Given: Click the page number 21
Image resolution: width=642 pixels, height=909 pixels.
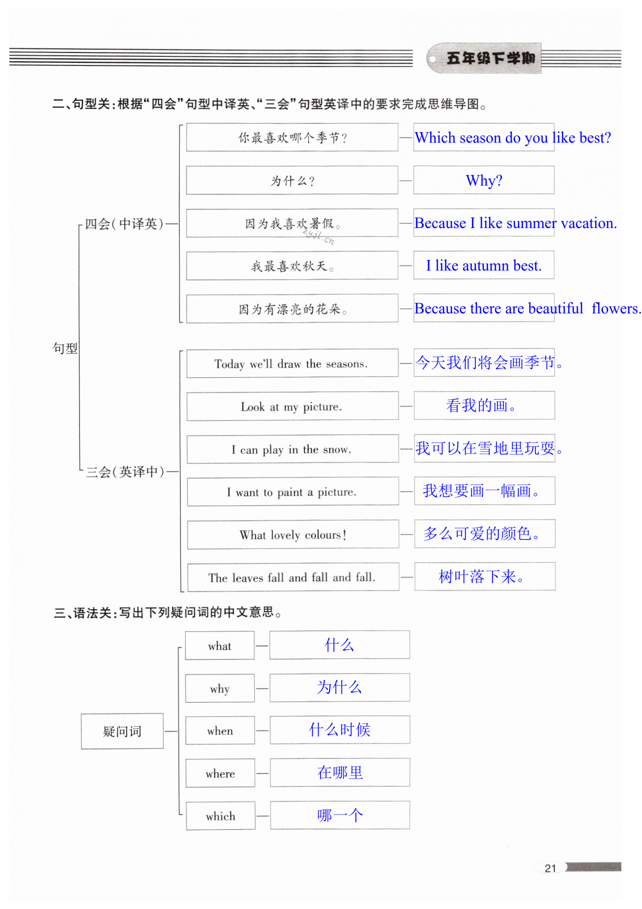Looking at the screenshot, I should pyautogui.click(x=550, y=868).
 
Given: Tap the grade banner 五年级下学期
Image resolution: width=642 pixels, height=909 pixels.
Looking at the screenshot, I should pyautogui.click(x=490, y=58).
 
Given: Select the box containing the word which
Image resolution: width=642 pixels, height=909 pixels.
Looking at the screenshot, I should pyautogui.click(x=220, y=816).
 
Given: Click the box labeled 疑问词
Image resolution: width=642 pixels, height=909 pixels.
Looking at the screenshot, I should pyautogui.click(x=122, y=731).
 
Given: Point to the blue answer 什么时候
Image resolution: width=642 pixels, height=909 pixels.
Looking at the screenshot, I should pyautogui.click(x=340, y=729).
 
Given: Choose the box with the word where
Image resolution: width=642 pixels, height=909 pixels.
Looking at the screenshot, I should pyautogui.click(x=220, y=773).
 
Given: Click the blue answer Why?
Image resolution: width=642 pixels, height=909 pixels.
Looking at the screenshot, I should pyautogui.click(x=484, y=181).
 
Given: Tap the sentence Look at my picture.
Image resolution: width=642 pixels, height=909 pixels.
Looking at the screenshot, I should pyautogui.click(x=291, y=406).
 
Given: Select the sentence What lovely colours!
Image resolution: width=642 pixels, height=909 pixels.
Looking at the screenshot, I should pyautogui.click(x=293, y=535).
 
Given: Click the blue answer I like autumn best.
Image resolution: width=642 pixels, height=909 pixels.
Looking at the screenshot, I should pyautogui.click(x=484, y=266).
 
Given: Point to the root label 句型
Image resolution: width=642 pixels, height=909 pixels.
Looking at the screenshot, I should pyautogui.click(x=65, y=348).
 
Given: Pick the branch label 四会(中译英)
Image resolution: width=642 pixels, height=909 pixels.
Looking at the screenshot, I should pyautogui.click(x=124, y=224).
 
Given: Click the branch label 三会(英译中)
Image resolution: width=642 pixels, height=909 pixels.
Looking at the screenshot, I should pyautogui.click(x=125, y=472).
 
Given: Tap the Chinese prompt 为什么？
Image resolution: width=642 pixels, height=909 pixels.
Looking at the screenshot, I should pyautogui.click(x=292, y=181).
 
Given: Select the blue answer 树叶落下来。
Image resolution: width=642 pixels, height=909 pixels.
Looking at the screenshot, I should pyautogui.click(x=481, y=577).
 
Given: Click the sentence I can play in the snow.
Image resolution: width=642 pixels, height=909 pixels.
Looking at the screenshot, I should pyautogui.click(x=291, y=449).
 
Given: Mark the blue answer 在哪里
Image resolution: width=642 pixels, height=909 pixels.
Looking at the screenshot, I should pyautogui.click(x=340, y=773).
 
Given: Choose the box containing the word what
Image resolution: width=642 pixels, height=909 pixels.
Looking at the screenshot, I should pyautogui.click(x=220, y=646).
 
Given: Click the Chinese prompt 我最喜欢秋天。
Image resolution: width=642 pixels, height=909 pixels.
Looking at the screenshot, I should pyautogui.click(x=292, y=266).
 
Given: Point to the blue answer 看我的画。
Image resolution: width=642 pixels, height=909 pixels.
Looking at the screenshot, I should pyautogui.click(x=481, y=406).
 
